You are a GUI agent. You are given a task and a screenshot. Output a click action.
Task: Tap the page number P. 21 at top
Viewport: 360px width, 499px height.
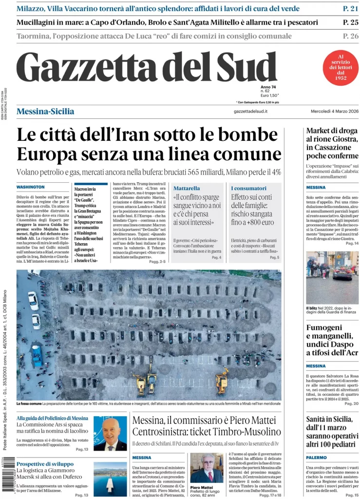tap(350, 8)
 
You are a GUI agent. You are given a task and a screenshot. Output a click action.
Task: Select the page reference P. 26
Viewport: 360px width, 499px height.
tap(350, 36)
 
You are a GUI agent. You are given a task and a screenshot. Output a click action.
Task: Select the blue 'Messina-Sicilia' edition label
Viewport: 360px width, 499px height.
tap(45, 112)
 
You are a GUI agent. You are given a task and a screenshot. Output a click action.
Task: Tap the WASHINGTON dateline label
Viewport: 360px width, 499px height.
tap(31, 187)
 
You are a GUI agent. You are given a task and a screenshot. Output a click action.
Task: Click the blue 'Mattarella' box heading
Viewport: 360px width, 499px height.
tap(187, 188)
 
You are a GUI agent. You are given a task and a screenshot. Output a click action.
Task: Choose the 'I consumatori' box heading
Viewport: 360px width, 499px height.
tap(248, 188)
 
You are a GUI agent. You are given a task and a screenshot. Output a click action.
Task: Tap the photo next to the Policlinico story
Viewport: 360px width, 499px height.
tap(110, 433)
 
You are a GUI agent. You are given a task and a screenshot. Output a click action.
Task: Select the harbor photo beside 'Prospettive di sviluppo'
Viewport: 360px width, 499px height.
tap(110, 479)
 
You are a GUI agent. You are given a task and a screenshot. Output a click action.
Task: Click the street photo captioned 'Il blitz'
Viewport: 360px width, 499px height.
tap(332, 278)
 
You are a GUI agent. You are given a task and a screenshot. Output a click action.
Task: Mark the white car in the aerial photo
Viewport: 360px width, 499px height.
tap(33, 301)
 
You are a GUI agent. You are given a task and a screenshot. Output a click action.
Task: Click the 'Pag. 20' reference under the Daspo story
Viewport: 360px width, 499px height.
tap(351, 404)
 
